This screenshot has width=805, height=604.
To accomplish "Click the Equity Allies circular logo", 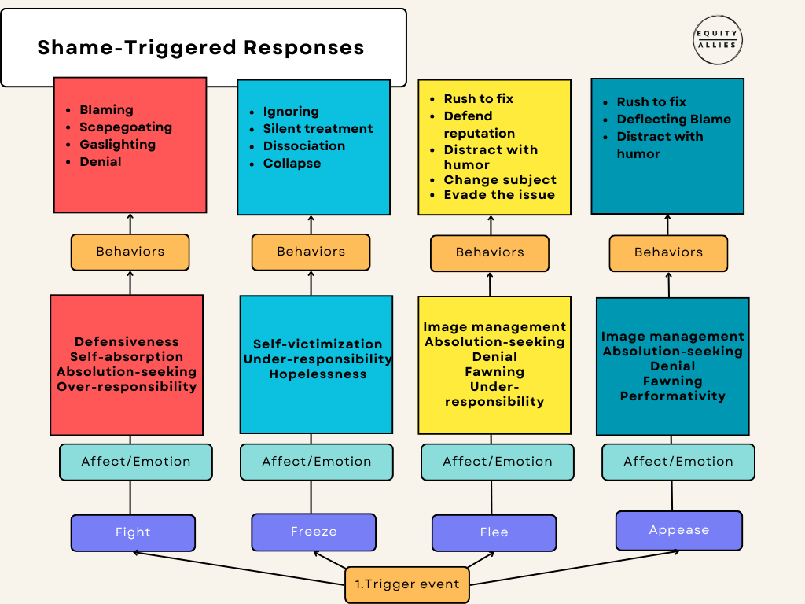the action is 717,40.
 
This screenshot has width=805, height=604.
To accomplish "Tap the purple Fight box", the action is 133,532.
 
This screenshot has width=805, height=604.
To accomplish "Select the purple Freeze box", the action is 314,532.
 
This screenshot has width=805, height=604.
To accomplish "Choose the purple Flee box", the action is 494,532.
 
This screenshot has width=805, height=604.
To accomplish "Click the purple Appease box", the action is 678,530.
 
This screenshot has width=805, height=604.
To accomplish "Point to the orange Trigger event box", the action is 407,584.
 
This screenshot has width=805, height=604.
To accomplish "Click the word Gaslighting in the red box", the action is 118,145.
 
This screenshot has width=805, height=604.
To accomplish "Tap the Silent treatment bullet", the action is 318,128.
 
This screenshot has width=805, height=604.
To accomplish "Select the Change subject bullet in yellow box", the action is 500,180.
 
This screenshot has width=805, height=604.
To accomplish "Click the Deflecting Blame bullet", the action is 674,120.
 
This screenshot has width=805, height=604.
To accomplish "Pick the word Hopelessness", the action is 318,374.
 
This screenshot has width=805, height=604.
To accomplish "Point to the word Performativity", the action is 673,396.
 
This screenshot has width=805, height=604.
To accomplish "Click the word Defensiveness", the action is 127,341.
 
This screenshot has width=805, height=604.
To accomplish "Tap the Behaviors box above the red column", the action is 130,252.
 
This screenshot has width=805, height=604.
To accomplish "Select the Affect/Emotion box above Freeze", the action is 317,462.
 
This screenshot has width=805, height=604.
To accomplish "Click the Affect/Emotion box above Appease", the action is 678,462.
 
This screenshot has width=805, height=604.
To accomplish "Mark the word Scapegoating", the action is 126,127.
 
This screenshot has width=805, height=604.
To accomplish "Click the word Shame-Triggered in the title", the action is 136,47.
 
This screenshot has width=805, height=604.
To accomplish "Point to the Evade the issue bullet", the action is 499,195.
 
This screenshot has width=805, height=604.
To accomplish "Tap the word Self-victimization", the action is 318,344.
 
